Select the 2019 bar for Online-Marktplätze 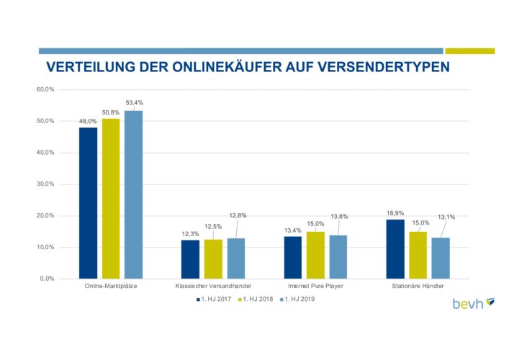[133, 194]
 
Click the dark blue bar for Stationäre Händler [395, 248]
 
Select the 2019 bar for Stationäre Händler [441, 258]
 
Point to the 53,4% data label [135, 103]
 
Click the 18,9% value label [395, 213]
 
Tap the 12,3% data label [189, 233]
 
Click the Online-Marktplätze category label [111, 288]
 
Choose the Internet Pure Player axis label [315, 288]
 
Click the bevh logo [473, 303]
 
